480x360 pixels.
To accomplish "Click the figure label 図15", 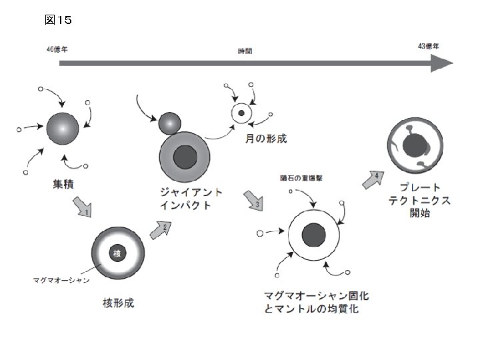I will pos(58,20).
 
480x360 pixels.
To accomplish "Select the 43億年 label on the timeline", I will pos(428,47).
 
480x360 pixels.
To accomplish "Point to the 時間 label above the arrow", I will pos(245,51).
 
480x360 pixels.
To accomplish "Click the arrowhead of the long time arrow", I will pos(441,64).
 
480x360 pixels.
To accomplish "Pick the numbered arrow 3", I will pos(254,201).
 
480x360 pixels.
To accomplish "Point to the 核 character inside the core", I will pos(117,253).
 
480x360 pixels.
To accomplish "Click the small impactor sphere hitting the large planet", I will pos(170,123).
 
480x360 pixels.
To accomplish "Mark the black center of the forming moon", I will pos(241,113).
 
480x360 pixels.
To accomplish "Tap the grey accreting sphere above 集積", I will pos(63,128).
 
